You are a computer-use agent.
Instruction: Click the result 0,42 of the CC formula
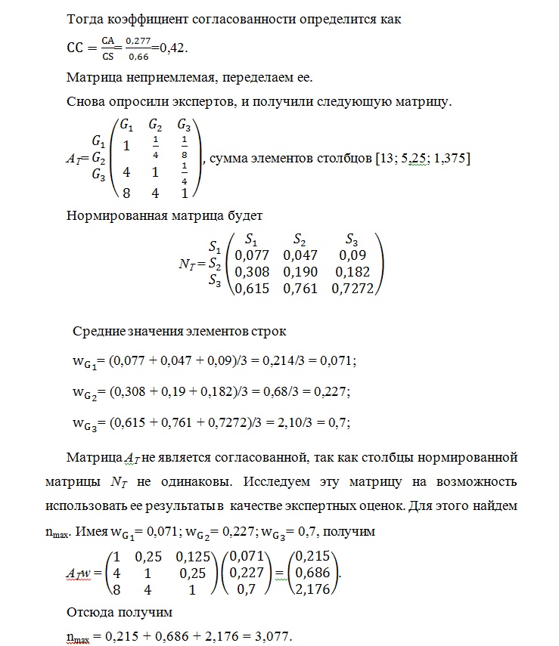[172, 48]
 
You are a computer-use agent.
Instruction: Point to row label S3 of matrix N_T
[214, 281]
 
